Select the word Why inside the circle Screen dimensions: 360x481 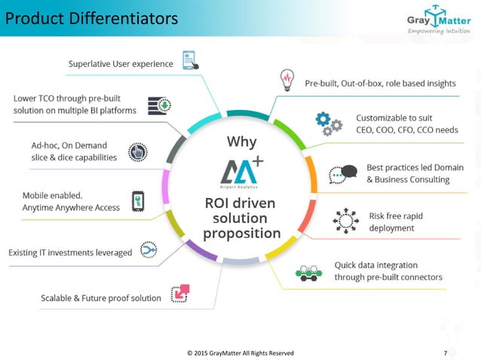pos(242,142)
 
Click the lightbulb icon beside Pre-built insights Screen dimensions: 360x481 pos(287,80)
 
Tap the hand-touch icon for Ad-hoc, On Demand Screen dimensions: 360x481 pos(138,151)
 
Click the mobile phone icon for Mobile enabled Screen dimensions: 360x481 pos(139,201)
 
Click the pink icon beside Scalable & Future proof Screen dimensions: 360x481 pos(181,294)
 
